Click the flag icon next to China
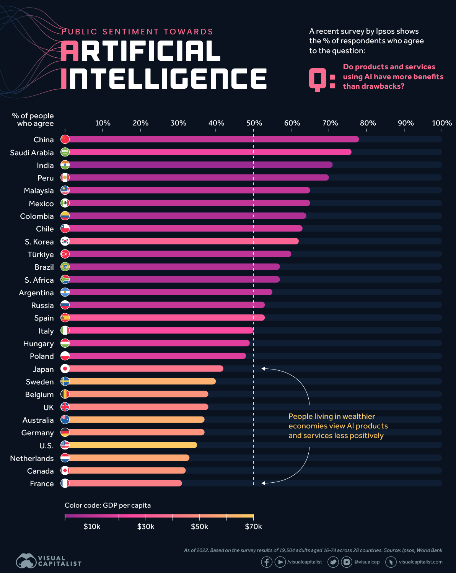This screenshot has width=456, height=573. click(65, 139)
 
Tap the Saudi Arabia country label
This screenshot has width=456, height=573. click(32, 153)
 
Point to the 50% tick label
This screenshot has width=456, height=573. click(254, 123)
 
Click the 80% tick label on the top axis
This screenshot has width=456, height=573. click(368, 123)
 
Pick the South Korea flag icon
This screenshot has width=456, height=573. click(65, 241)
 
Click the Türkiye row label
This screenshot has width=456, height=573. click(41, 254)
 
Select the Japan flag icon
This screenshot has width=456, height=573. click(65, 369)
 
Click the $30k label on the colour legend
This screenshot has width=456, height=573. click(146, 527)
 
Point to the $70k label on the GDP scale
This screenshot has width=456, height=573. click(253, 527)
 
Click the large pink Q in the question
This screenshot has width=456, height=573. click(317, 80)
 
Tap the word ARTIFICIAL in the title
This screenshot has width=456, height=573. click(141, 51)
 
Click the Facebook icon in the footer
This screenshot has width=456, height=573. click(267, 562)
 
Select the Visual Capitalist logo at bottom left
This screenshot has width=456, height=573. click(49, 561)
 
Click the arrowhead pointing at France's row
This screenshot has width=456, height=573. click(263, 483)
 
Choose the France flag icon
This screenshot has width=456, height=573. click(65, 483)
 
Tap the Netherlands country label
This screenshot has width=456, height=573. click(32, 458)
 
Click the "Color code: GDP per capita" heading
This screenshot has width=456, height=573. click(107, 505)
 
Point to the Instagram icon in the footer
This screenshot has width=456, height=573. click(347, 562)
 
